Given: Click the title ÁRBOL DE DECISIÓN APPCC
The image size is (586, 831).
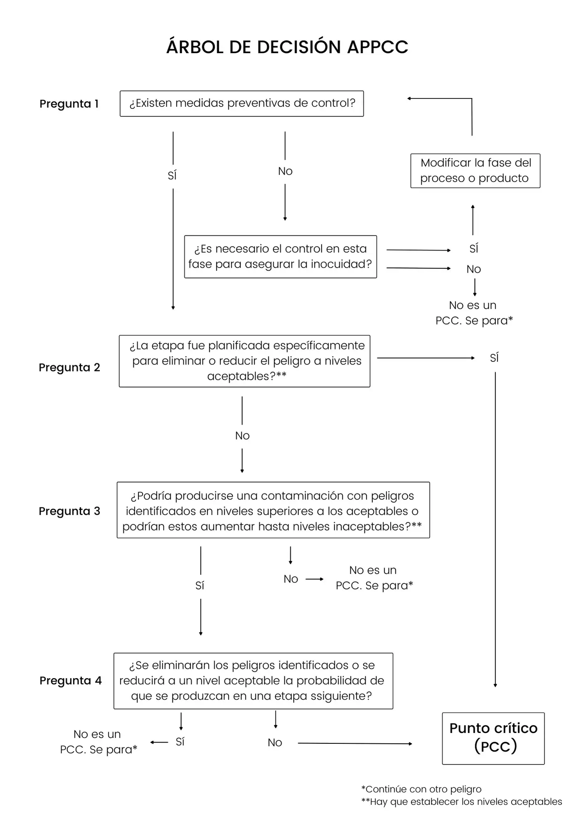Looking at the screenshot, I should [287, 47].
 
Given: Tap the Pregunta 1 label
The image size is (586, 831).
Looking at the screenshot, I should [69, 104].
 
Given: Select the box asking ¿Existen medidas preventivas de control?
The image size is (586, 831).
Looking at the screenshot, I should [242, 103].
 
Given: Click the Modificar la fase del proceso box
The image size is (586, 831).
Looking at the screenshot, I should [475, 171].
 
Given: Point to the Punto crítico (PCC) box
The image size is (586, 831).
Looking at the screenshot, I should [493, 738].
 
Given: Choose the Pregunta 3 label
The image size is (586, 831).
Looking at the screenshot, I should [69, 511].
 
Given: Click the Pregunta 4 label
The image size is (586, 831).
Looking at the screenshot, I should [70, 681].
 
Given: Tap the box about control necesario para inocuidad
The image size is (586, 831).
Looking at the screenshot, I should [280, 256].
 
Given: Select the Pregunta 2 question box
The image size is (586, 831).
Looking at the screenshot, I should [245, 361].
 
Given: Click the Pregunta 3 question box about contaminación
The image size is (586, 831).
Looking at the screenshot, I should [273, 510].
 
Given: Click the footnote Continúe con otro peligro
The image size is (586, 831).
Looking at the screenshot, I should [421, 789].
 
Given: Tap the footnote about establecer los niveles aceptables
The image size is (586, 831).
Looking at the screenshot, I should [462, 802].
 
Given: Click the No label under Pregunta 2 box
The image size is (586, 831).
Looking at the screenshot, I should [242, 435].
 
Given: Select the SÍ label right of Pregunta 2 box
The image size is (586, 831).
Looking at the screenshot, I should [494, 358].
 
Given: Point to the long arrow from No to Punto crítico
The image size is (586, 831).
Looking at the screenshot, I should [355, 743].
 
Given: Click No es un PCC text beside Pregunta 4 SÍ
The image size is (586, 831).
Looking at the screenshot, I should [98, 742].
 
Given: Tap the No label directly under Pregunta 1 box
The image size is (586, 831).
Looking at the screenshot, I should [285, 171].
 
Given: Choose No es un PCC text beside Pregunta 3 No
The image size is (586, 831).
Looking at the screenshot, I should [374, 578].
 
